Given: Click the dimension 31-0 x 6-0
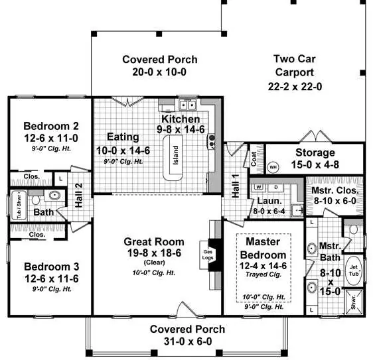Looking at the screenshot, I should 187,342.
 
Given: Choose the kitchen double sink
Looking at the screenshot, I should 187,105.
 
